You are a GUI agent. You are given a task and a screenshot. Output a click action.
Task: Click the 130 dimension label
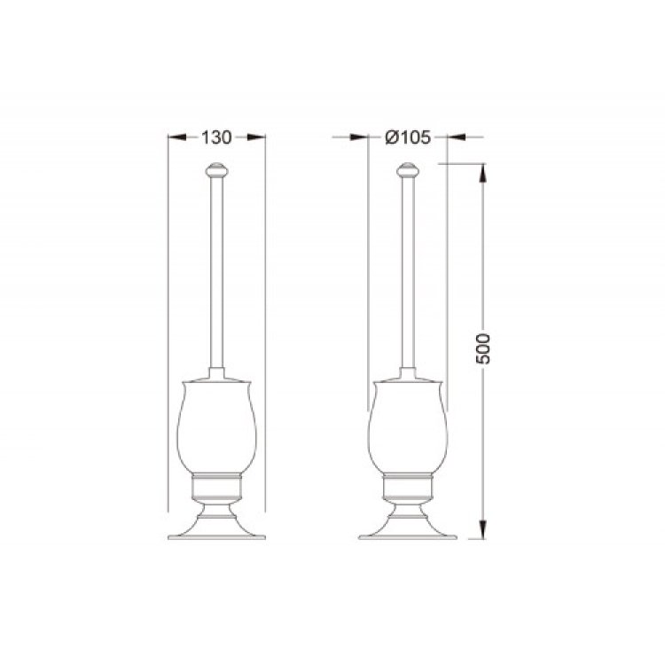(216, 137)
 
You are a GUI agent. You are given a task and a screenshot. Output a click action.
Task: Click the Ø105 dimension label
(408, 137)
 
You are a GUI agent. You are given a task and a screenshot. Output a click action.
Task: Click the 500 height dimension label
(482, 349)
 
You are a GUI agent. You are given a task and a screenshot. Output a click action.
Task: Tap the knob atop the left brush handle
(216, 169)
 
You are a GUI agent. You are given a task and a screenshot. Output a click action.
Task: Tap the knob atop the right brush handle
(408, 169)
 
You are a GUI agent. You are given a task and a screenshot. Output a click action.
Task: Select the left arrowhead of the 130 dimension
(177, 137)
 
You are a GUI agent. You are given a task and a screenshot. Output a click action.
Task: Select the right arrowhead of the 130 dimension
(256, 137)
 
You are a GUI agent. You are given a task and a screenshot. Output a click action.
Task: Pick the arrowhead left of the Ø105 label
(359, 137)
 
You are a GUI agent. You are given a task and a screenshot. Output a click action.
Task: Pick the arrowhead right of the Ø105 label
(457, 137)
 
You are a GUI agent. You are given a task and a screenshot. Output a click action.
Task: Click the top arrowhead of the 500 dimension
(482, 173)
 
